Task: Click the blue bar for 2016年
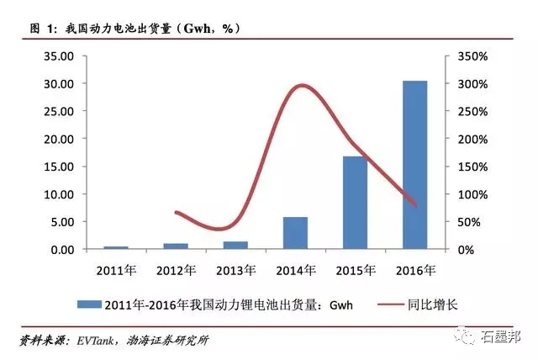414,165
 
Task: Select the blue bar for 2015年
355,203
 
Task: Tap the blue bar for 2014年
295,233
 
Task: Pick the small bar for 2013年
235,245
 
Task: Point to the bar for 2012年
176,246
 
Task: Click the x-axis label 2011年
116,271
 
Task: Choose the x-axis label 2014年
295,271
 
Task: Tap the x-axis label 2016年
414,271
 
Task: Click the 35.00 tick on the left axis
60,56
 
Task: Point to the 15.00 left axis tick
60,167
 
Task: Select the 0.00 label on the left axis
62,250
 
